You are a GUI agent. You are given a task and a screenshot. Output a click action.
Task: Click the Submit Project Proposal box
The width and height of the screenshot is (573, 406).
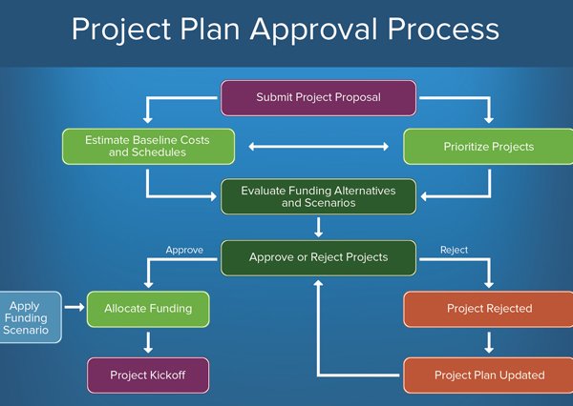[318, 98]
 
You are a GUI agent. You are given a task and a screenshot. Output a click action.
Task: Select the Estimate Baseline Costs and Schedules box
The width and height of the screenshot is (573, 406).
[148, 146]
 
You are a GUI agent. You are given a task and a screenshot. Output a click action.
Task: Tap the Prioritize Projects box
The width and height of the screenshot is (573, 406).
[488, 146]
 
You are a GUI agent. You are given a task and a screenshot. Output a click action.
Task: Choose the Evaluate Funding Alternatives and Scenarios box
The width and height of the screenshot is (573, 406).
[318, 196]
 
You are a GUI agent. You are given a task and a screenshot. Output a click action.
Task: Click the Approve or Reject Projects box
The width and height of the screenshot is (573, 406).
[318, 258]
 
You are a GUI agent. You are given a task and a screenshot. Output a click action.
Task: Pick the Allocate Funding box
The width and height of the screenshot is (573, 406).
[148, 309]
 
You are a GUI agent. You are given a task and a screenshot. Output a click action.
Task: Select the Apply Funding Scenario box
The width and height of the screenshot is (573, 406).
[31, 317]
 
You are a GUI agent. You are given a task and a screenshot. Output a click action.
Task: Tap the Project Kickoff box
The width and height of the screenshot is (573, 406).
[148, 376]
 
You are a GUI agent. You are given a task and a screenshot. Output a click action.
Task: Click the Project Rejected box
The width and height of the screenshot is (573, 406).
[488, 309]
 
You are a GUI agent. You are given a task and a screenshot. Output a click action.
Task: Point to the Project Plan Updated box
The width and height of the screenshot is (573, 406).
[488, 376]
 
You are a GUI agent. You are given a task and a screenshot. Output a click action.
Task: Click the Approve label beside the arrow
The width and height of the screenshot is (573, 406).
[184, 251]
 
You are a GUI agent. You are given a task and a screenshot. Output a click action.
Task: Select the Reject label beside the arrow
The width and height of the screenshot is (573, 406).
[454, 250]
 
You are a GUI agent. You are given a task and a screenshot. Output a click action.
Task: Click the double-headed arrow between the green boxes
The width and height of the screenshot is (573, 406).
[318, 146]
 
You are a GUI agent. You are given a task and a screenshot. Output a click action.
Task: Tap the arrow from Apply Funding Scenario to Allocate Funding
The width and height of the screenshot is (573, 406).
[74, 307]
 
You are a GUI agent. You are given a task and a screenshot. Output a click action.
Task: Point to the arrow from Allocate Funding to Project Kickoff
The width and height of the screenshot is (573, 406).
[148, 342]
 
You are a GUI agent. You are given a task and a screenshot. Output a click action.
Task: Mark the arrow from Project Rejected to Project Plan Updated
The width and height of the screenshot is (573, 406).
[489, 342]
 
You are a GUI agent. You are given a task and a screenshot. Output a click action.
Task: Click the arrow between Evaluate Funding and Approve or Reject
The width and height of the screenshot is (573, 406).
[318, 227]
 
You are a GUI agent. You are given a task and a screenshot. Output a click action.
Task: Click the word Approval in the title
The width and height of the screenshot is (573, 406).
[313, 30]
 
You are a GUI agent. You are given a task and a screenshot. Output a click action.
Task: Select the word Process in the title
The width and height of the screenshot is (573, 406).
[443, 30]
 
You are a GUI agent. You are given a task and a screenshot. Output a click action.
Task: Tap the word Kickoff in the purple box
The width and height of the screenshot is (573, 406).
[166, 375]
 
